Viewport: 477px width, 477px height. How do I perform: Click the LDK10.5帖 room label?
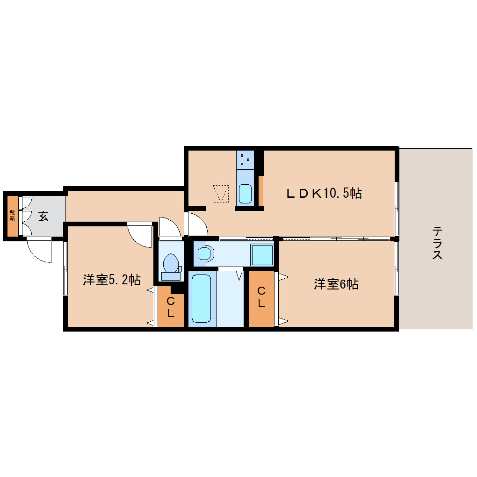(324, 193)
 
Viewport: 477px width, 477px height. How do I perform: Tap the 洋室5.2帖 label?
(112, 280)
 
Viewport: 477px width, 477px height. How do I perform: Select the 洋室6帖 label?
(336, 284)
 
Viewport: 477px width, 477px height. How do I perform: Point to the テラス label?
(437, 243)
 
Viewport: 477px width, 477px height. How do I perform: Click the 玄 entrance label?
(43, 216)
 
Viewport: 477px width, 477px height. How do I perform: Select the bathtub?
(202, 298)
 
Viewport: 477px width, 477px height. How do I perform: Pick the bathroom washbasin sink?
(204, 253)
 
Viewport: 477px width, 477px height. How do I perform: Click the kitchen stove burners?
(245, 160)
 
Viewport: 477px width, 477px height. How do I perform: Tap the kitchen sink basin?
(245, 194)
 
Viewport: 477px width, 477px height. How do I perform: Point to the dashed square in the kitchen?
(221, 194)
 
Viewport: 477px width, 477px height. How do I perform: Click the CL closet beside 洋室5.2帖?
(171, 307)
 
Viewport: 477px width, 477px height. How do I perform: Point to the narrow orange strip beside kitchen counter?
(261, 190)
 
